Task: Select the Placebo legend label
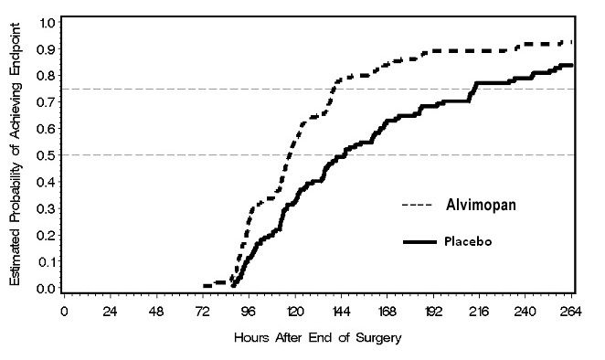(472, 241)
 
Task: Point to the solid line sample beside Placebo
(419, 242)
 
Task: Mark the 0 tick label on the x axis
(64, 310)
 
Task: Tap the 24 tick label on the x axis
(110, 310)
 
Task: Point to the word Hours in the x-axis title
(251, 335)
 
